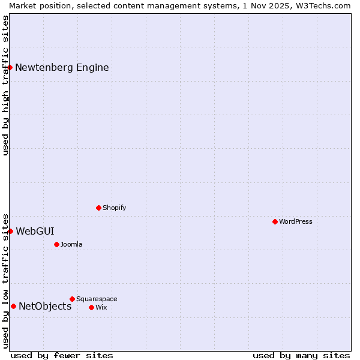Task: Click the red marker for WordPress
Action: tap(275, 221)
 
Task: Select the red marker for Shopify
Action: tap(98, 208)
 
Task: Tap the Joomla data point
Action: tap(56, 244)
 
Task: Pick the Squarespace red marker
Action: tap(72, 299)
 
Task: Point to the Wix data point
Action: tap(91, 307)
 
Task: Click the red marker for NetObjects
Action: tap(13, 306)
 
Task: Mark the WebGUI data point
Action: tap(10, 231)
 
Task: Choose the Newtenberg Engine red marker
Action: tap(10, 67)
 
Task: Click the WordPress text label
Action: tap(296, 221)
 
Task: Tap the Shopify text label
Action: tap(114, 208)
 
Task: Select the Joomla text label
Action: tap(71, 244)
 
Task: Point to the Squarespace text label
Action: tap(97, 299)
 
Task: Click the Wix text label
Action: tap(101, 307)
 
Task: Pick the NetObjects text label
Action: tap(45, 307)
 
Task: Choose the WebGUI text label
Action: tap(35, 231)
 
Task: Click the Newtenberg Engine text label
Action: tap(62, 67)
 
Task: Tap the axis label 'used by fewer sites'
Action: tap(62, 355)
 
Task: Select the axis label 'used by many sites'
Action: tap(301, 355)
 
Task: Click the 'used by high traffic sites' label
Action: tap(5, 85)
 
